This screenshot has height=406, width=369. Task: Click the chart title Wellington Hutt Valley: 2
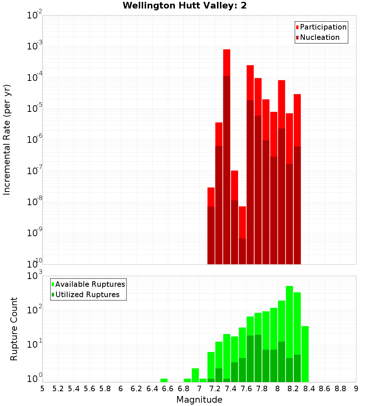184,6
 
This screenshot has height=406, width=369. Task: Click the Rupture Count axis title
14,328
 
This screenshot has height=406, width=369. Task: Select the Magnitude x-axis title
199,400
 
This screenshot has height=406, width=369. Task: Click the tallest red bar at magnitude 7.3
227,63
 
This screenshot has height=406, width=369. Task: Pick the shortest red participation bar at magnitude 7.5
242,221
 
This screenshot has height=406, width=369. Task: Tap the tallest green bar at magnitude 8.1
289,321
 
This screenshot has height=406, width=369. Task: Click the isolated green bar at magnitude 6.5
164,380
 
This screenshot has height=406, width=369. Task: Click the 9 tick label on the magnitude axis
356,389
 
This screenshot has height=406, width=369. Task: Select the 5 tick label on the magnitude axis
42,389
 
